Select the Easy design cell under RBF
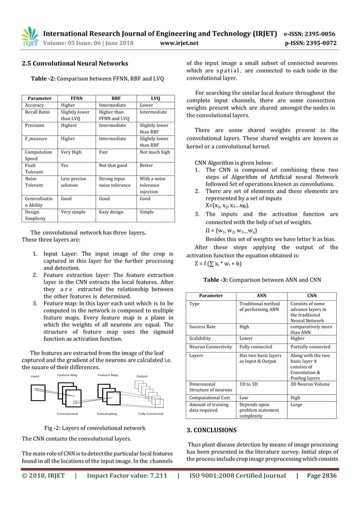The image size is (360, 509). click(113, 212)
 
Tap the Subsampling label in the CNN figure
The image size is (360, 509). click(106, 413)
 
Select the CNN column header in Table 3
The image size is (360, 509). click(312, 296)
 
